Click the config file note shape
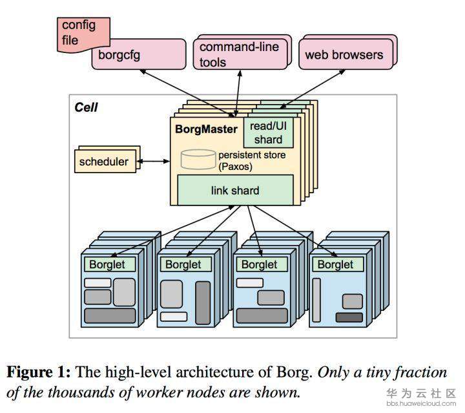click(83, 35)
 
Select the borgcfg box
click(139, 54)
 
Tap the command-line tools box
click(240, 54)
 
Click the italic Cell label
click(86, 107)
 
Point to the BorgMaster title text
click(207, 129)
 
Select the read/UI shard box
click(269, 132)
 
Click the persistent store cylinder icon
click(198, 160)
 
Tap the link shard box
click(235, 190)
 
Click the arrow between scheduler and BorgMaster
click(153, 162)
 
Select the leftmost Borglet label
click(107, 264)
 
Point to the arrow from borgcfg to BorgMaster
click(187, 93)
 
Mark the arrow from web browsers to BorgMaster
click(313, 89)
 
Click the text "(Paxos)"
click(236, 167)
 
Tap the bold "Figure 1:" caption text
click(39, 372)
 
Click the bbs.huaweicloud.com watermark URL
click(421, 403)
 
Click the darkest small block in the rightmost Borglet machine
click(349, 317)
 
